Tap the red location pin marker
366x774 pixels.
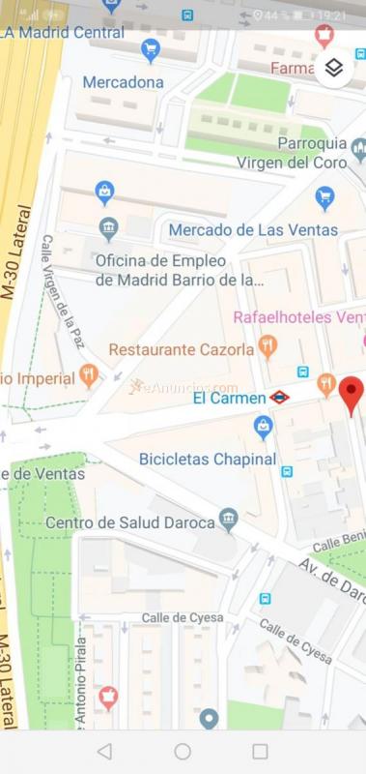352,393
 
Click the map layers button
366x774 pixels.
333,68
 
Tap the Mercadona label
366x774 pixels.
123,82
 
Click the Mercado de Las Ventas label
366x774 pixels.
253,229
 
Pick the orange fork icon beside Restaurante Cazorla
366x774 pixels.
268,346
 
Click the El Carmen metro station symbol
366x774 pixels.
279,397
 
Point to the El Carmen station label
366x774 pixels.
229,398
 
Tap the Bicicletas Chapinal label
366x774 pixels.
208,459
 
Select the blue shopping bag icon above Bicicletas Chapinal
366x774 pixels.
263,426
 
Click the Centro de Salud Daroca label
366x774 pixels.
129,522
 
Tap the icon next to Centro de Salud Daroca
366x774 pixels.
228,521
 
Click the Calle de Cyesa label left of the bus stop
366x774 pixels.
183,617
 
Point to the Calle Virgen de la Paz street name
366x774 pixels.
60,290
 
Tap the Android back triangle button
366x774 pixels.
104,752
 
